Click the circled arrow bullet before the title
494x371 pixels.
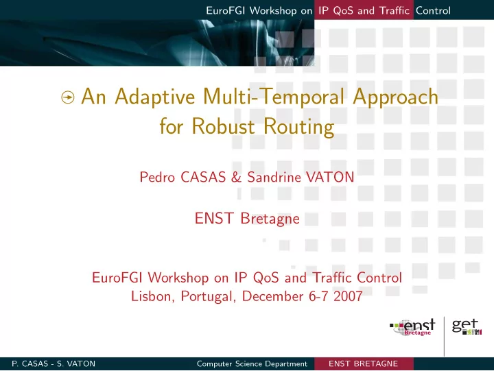click(68, 97)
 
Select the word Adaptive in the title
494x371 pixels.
click(154, 97)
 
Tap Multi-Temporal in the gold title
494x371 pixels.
click(274, 97)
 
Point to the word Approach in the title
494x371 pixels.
click(395, 97)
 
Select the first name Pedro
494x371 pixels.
click(157, 177)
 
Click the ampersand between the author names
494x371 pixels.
click(236, 177)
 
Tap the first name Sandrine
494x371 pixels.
click(274, 177)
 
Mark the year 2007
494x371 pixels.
click(348, 296)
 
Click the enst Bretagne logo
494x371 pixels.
click(413, 328)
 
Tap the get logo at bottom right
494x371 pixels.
click(467, 327)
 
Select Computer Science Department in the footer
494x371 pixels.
click(252, 363)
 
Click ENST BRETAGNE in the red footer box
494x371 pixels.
click(363, 363)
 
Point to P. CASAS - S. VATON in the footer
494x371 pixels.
click(54, 363)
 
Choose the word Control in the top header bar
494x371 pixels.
click(433, 10)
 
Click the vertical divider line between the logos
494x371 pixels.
click(444, 336)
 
